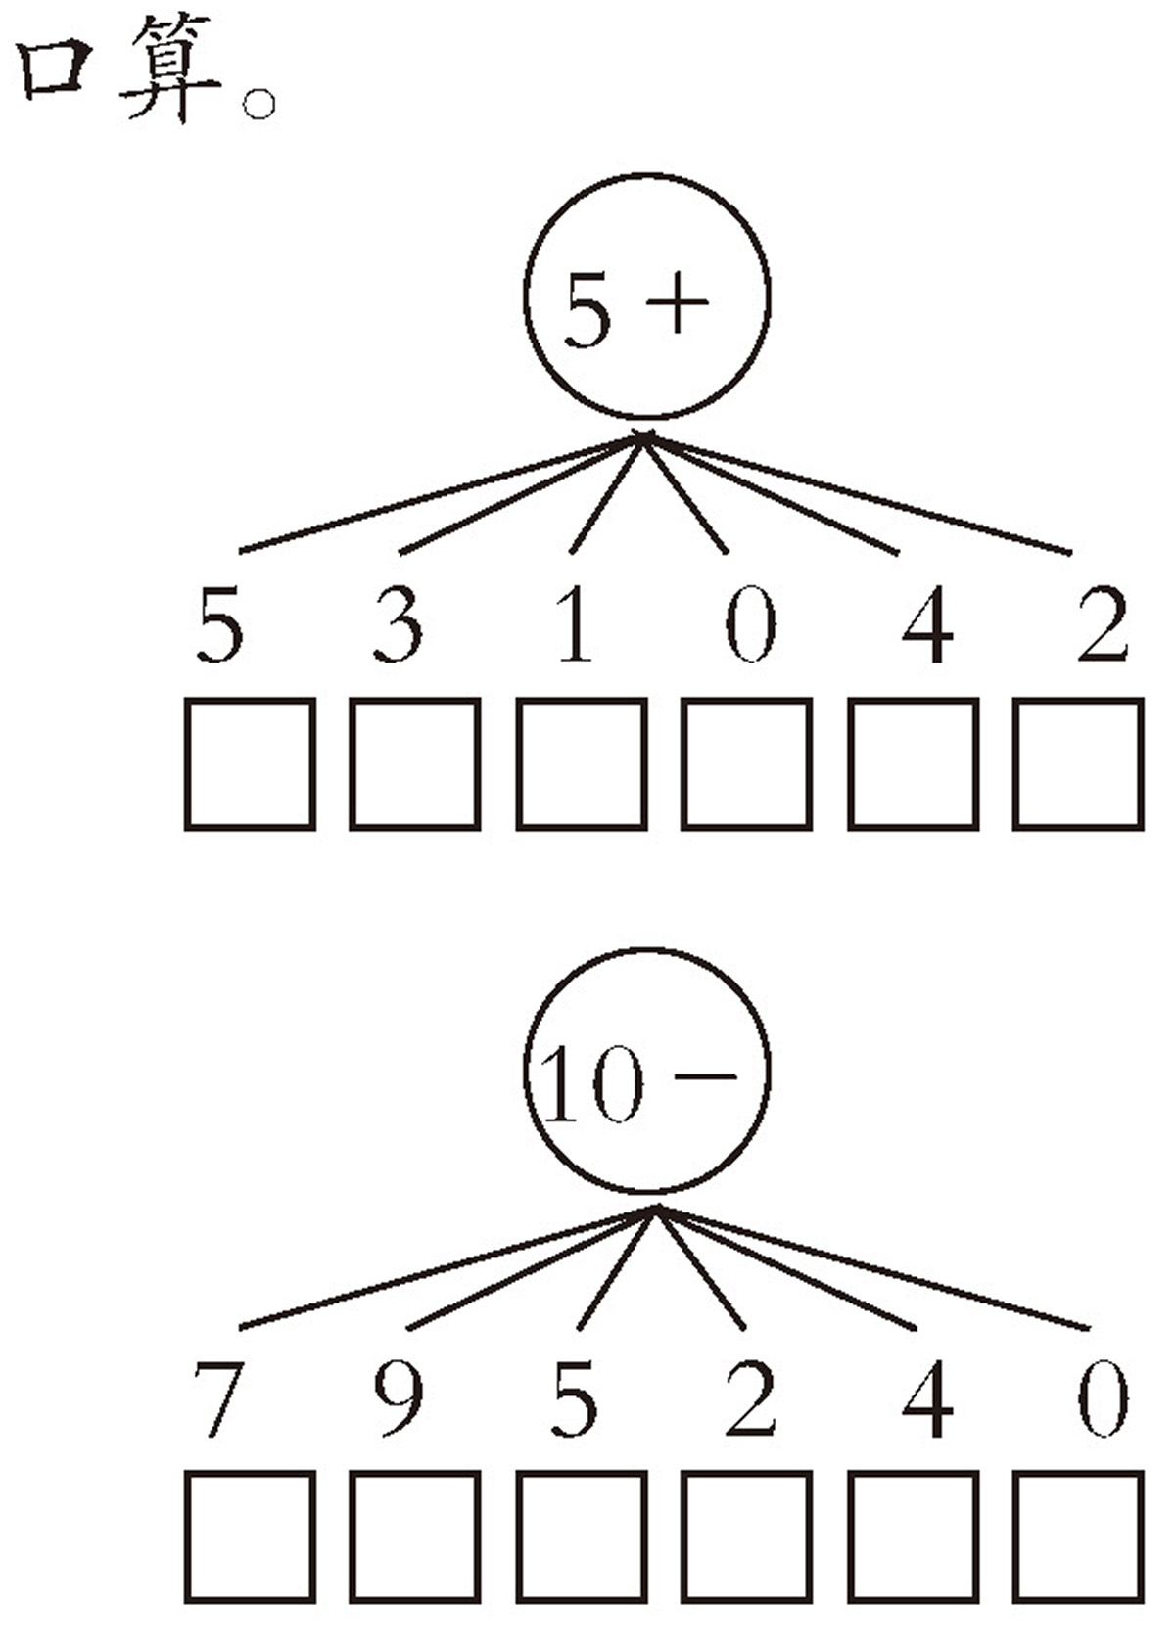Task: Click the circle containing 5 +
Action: pos(525,294)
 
